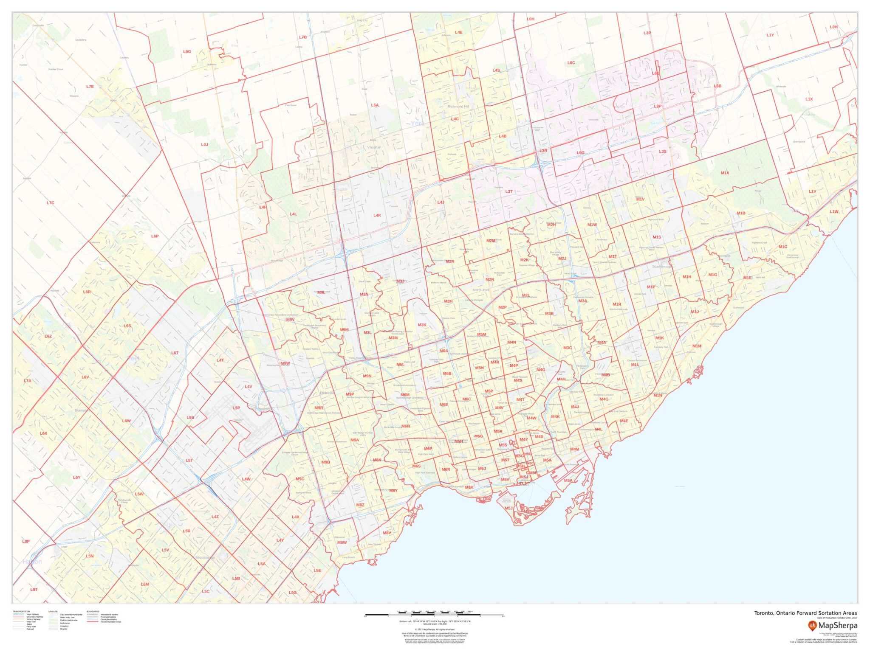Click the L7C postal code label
pos(51,203)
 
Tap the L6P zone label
pos(155,236)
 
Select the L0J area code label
pos(204,144)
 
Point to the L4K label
pos(377,215)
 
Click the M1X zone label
pos(725,173)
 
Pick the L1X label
pos(809,99)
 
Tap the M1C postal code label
pos(782,247)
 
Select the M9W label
pos(285,363)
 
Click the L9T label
pos(34,590)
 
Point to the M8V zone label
pos(387,533)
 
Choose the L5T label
pos(189,460)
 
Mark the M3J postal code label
pos(400,281)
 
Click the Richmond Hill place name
pos(458,107)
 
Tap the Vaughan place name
pos(374,147)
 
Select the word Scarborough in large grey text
pos(662,267)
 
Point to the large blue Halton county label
pos(32,562)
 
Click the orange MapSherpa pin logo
pos(812,625)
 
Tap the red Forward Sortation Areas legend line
pos(93,622)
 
